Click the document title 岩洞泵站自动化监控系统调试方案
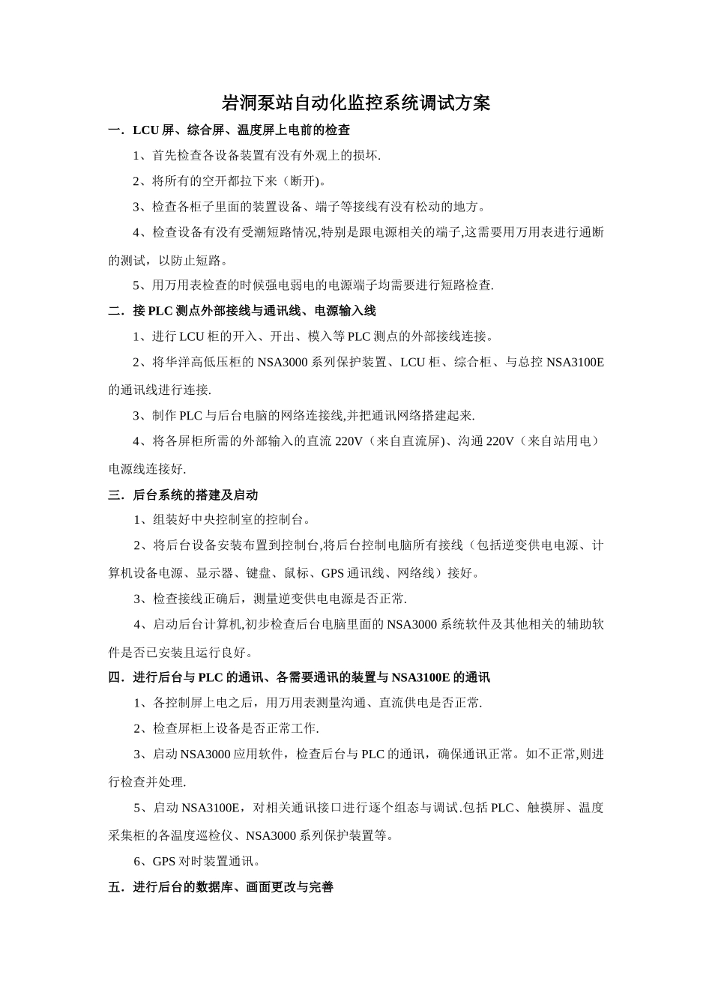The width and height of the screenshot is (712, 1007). (x=356, y=103)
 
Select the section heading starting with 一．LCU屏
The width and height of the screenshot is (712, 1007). (x=229, y=130)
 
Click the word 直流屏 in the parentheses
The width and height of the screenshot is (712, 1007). (x=421, y=441)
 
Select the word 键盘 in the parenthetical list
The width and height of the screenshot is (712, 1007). (x=259, y=573)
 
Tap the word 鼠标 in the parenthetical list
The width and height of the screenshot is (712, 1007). (x=297, y=573)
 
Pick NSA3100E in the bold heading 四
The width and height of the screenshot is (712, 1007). (x=420, y=677)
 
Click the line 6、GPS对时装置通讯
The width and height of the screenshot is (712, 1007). (x=196, y=862)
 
